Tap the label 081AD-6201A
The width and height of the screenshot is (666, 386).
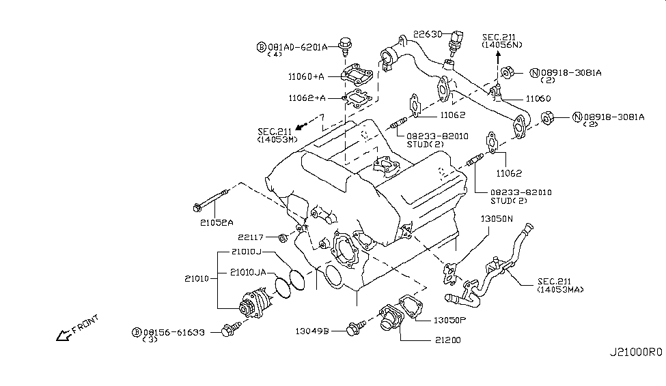click(298, 47)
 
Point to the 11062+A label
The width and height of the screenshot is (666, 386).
click(307, 98)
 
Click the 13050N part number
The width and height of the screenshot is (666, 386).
click(497, 220)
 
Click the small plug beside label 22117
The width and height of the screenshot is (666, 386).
click(283, 238)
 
